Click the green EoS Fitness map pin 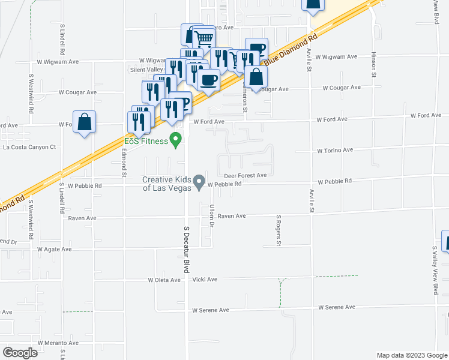tap(176, 140)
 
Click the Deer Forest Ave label tap(245, 175)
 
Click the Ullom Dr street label tap(212, 216)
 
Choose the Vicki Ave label tap(205, 280)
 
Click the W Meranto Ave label tap(58, 343)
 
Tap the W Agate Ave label tap(55, 249)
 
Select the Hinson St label tap(373, 64)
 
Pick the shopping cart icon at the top tap(204, 39)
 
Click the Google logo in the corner tap(20, 353)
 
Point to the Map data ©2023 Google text tap(411, 355)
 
